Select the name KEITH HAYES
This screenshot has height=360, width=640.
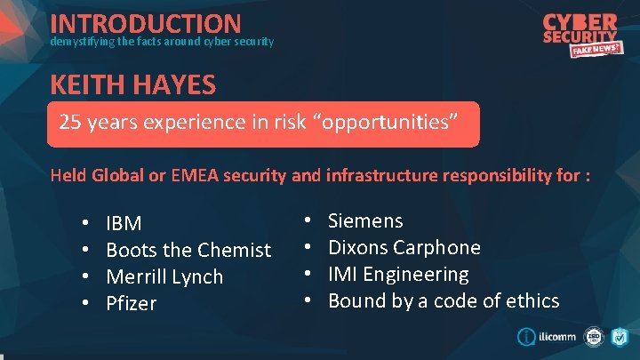[133, 85]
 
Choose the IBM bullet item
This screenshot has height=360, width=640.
[124, 223]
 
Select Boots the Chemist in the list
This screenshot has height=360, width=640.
[188, 250]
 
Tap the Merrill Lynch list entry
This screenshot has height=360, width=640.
[164, 276]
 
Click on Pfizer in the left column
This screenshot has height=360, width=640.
[131, 303]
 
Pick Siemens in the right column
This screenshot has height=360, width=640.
[365, 220]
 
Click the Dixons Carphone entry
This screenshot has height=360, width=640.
[404, 247]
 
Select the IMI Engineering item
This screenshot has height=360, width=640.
[398, 274]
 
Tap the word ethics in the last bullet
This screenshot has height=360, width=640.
[532, 300]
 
